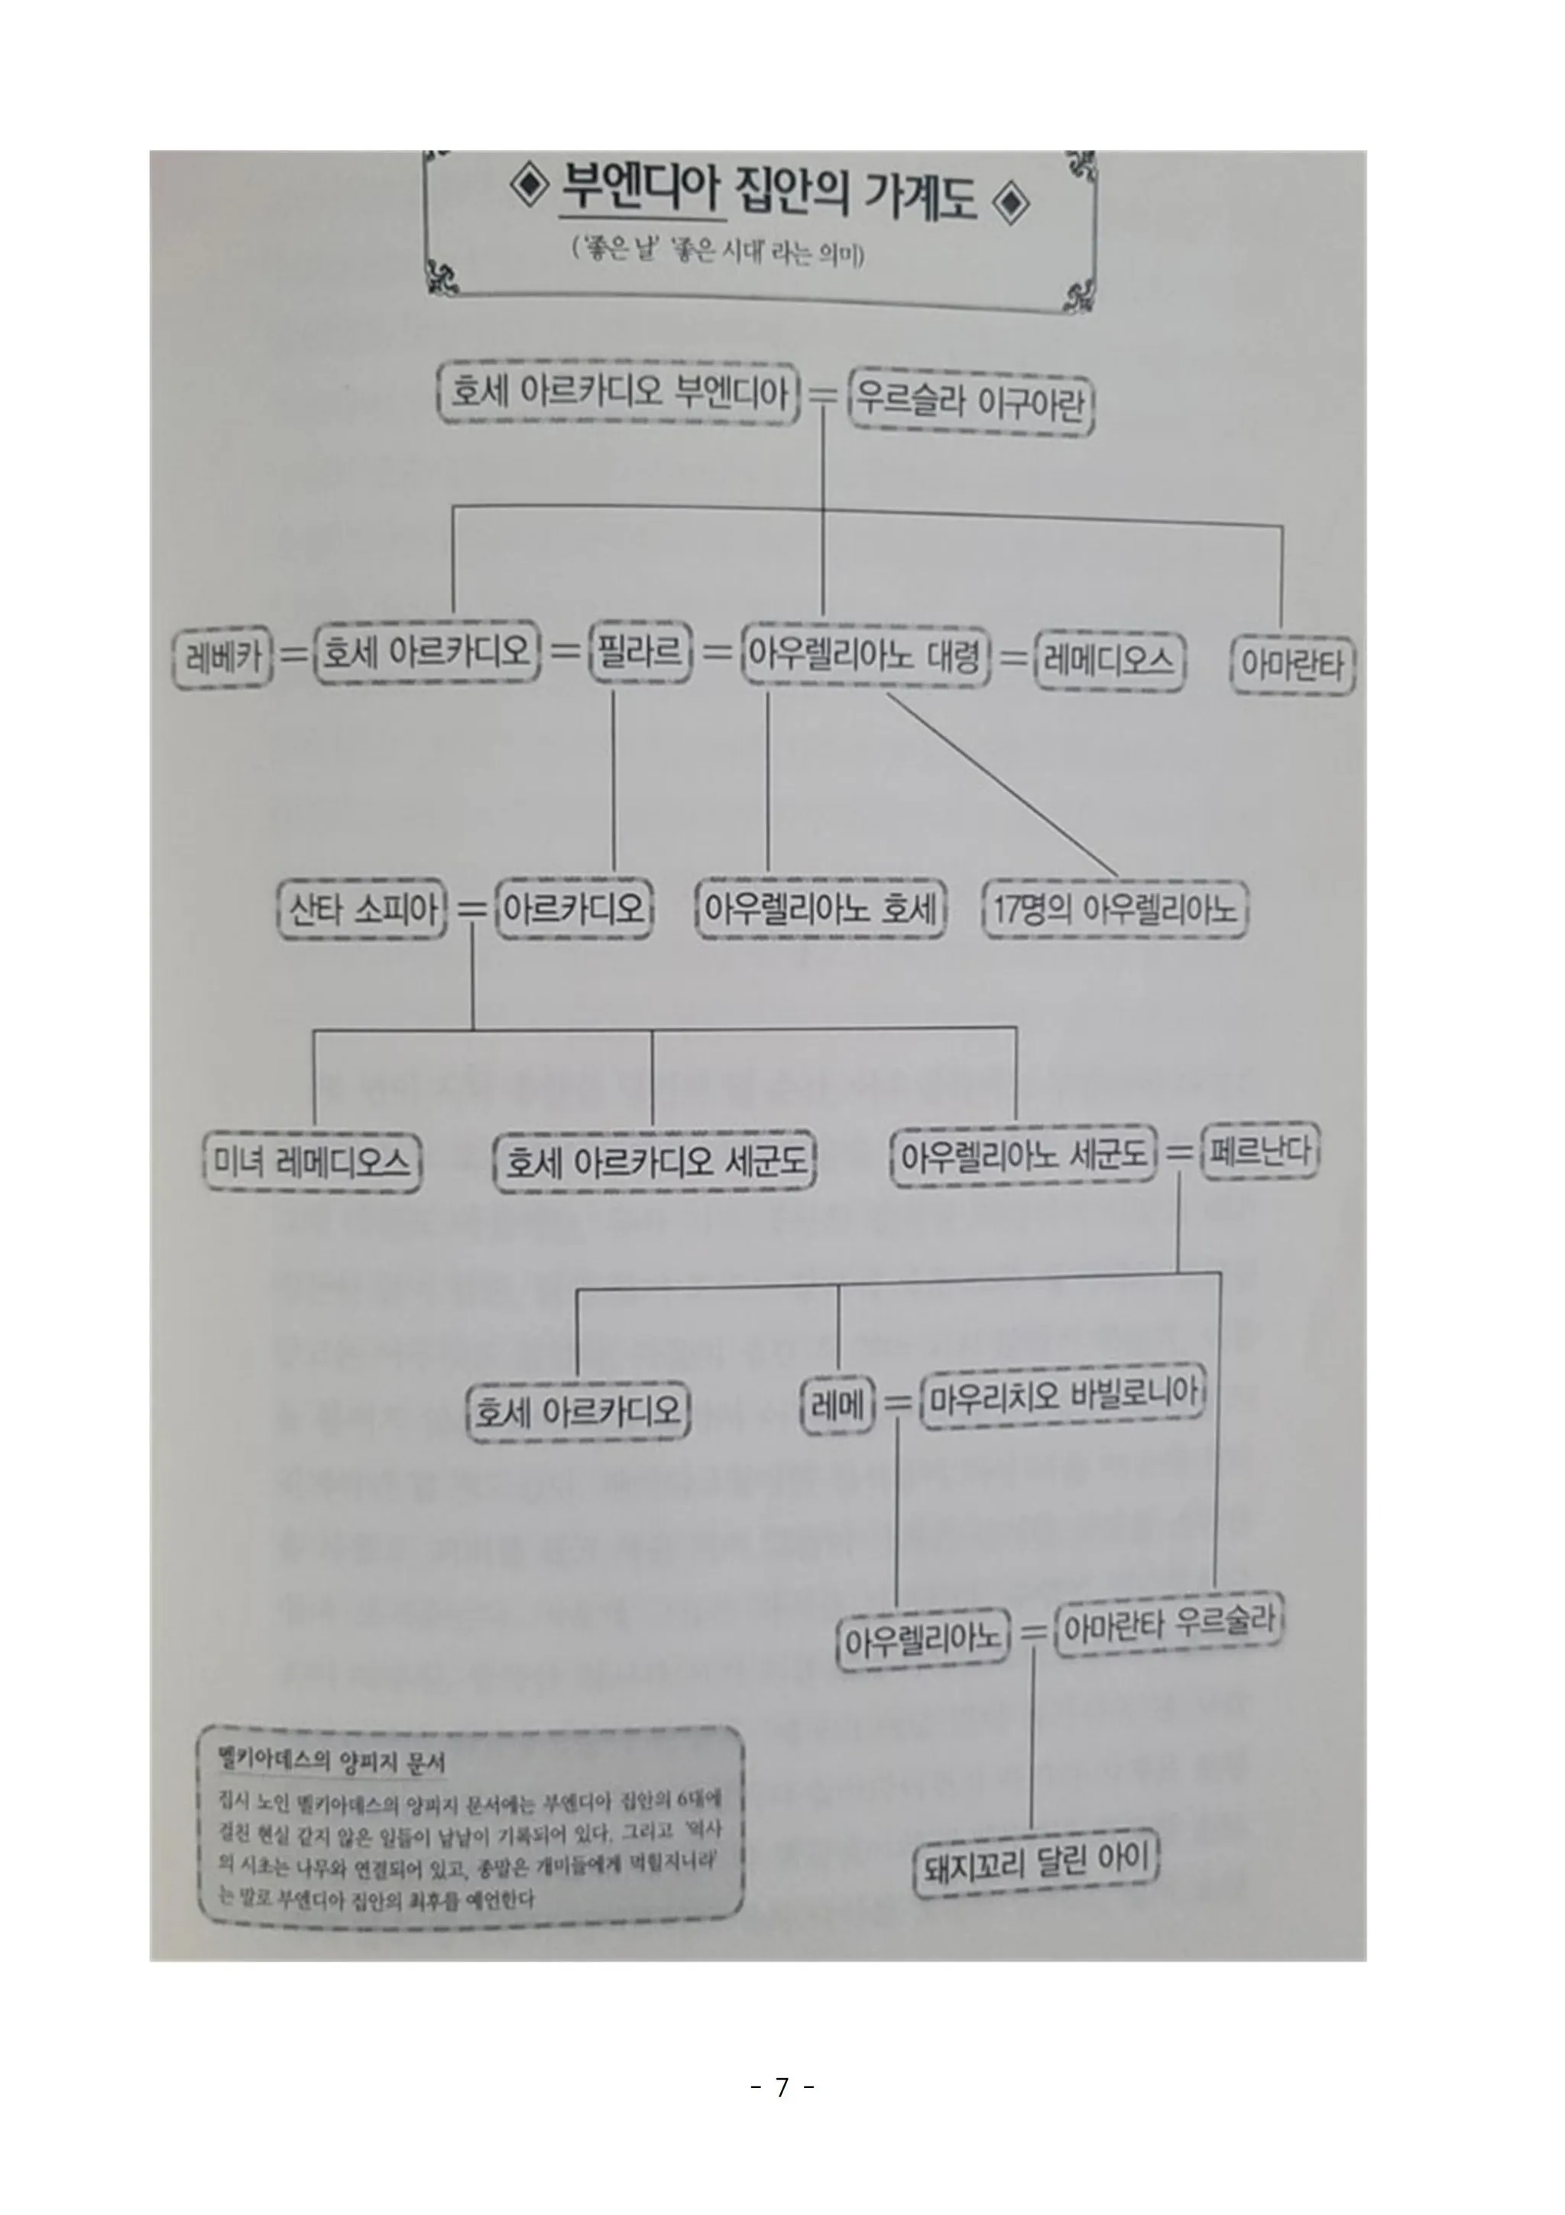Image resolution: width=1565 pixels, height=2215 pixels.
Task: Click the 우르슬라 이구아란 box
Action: (971, 404)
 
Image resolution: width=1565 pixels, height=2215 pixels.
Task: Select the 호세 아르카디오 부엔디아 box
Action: (618, 393)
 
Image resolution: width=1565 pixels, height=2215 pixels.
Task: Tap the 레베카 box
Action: (222, 658)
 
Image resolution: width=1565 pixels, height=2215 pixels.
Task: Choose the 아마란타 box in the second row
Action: (1292, 664)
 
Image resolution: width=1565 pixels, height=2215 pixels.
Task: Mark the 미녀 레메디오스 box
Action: (313, 1161)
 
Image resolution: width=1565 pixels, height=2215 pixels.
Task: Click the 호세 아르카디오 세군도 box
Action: (655, 1161)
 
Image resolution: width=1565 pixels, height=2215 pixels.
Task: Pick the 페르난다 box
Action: (1259, 1151)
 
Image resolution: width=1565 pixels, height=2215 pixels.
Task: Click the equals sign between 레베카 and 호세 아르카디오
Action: (293, 655)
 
